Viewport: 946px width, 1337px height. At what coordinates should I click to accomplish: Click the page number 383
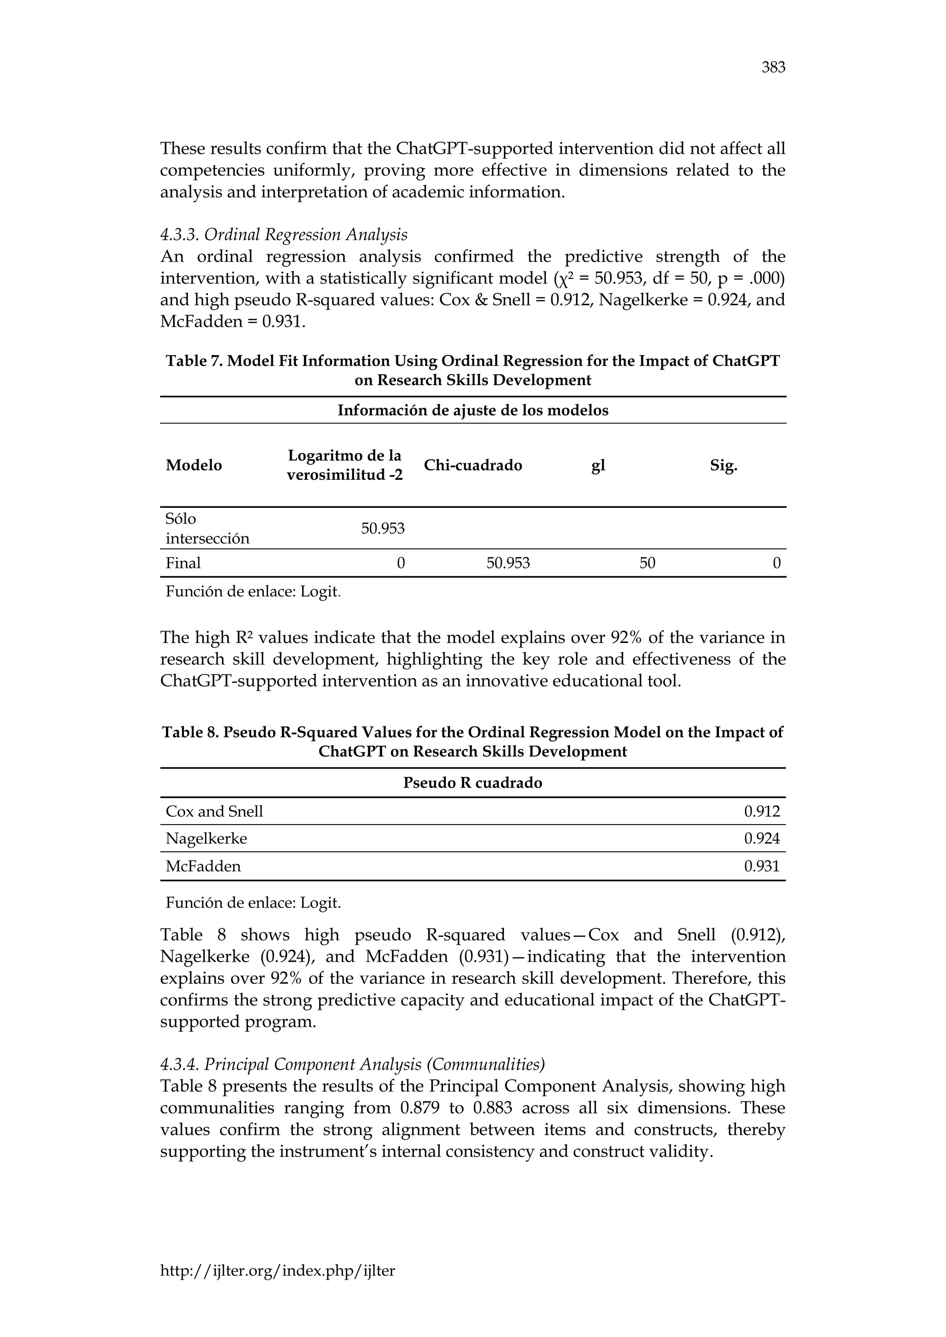(773, 67)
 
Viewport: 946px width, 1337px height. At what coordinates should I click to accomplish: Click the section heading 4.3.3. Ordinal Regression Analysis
(284, 235)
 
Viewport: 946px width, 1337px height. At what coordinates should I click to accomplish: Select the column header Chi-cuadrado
(473, 465)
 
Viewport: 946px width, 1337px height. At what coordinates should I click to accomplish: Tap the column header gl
(598, 465)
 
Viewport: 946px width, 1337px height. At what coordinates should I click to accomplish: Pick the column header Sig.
(723, 465)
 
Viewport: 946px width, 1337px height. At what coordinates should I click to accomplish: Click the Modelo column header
(194, 465)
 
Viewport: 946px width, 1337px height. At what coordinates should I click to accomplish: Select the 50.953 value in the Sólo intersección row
(383, 529)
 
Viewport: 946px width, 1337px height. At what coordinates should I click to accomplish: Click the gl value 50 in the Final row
(647, 563)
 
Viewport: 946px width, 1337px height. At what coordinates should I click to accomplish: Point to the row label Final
(183, 563)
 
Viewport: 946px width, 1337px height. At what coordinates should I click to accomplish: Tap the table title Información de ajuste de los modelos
(473, 410)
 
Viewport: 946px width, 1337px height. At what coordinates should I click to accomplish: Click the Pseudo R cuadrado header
(473, 783)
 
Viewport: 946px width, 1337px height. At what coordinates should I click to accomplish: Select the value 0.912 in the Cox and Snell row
(761, 811)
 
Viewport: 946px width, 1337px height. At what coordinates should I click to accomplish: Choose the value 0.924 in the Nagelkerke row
(761, 838)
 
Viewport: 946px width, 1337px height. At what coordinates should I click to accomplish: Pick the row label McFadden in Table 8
(203, 866)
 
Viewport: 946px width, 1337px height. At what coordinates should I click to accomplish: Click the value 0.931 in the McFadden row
(761, 866)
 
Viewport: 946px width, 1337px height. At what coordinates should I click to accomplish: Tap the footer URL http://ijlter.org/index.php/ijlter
(277, 1270)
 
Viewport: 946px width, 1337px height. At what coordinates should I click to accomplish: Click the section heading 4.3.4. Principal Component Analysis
(352, 1065)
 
